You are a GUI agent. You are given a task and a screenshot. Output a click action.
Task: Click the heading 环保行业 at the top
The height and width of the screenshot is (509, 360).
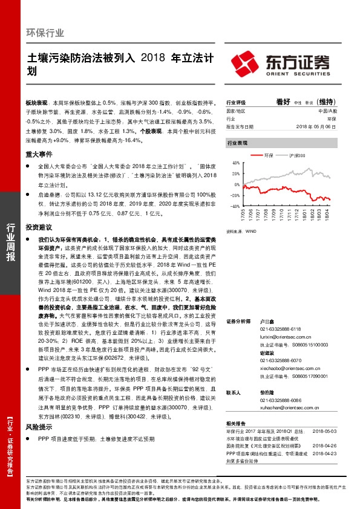pos(45,33)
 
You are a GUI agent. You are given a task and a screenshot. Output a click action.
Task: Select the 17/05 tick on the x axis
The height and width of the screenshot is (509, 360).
pos(243,215)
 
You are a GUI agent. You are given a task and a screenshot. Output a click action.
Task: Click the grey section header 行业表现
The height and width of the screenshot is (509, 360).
pos(237,144)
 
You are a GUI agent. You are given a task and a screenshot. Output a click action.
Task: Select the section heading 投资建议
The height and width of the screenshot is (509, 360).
pos(39,227)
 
